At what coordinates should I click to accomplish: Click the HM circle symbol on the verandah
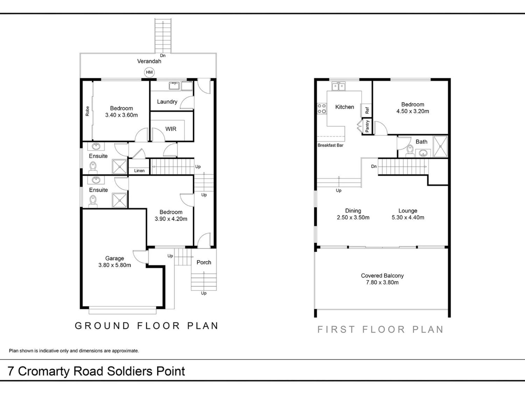[149, 72]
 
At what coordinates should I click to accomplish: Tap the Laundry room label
[167, 102]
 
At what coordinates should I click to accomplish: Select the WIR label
[171, 129]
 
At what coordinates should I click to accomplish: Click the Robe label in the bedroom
[87, 111]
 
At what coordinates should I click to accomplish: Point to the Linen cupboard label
[139, 171]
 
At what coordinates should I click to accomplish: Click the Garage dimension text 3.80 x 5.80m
[115, 265]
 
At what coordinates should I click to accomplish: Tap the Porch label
[204, 262]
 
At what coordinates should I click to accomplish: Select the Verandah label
[149, 61]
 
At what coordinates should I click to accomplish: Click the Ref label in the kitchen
[367, 110]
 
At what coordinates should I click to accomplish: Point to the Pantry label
[367, 126]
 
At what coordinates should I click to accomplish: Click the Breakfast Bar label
[330, 145]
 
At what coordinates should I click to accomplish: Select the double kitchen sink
[339, 86]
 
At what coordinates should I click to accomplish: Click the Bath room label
[421, 142]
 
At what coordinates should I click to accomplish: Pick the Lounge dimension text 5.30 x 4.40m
[408, 218]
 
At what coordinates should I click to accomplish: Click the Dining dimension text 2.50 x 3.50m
[353, 218]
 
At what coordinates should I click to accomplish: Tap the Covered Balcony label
[382, 275]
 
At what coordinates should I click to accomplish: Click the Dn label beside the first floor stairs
[374, 166]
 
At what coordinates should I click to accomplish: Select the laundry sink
[174, 85]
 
